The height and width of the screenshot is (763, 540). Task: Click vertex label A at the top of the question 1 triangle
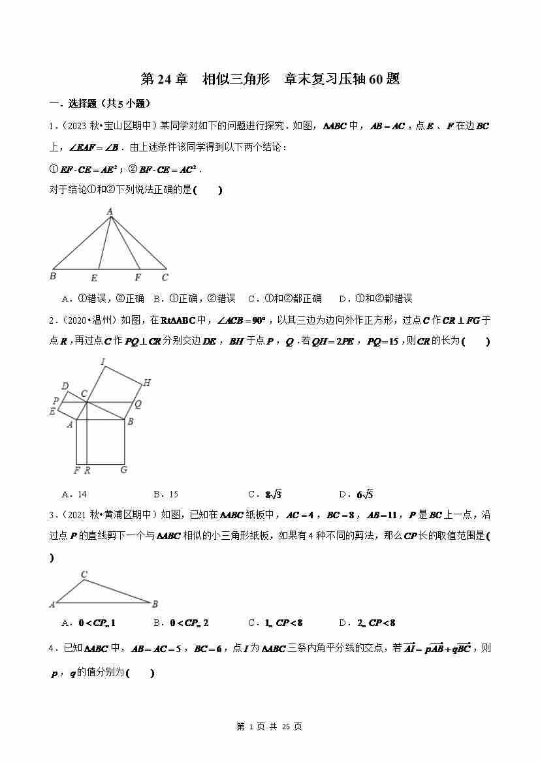click(x=110, y=211)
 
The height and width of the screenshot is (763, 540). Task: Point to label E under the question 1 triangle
click(x=94, y=278)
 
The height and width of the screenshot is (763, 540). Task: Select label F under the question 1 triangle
click(x=138, y=277)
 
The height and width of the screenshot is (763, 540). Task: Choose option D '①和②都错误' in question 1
click(x=375, y=298)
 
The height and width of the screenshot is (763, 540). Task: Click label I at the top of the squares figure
click(x=103, y=361)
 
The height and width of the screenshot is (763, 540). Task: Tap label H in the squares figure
click(x=147, y=382)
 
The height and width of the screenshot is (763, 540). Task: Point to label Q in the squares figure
click(x=138, y=404)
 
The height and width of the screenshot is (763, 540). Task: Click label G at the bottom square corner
click(x=123, y=469)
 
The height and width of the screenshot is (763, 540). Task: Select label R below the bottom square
click(x=87, y=469)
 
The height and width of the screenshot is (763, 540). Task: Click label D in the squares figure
click(x=65, y=386)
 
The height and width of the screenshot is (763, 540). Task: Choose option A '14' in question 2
click(x=75, y=494)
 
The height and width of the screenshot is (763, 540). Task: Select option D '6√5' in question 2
click(x=357, y=494)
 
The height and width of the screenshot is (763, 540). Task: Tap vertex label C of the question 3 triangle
click(x=84, y=575)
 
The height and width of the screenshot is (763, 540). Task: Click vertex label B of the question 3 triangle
click(x=155, y=604)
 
